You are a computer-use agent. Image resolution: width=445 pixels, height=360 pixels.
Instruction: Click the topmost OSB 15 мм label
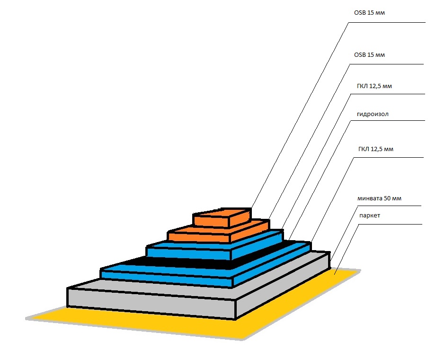click(x=370, y=13)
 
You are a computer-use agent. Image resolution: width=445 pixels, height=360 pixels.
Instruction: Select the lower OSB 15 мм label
click(x=370, y=55)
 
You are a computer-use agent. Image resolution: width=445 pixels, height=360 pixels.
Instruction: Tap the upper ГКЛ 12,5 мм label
click(x=374, y=86)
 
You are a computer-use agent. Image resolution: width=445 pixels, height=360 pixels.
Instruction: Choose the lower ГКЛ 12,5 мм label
click(x=376, y=149)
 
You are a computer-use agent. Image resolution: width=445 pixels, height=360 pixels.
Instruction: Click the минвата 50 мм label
click(x=380, y=198)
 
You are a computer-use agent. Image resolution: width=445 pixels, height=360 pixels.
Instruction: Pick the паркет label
click(x=369, y=216)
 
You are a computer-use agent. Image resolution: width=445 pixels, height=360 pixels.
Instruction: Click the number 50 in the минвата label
click(x=386, y=198)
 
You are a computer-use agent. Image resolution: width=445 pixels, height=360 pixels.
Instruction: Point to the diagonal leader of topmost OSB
click(x=298, y=114)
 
